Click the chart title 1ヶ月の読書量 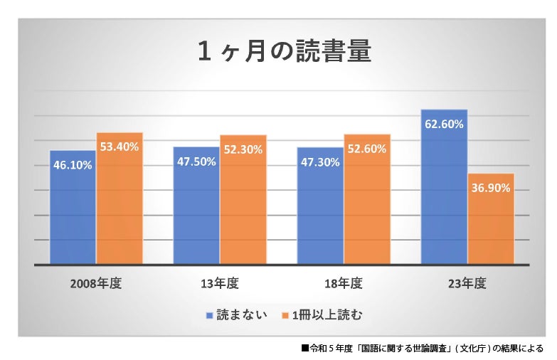[x=284, y=53]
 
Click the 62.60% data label [x=444, y=124]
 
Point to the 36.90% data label [x=491, y=188]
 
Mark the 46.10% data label [x=73, y=164]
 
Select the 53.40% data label [x=120, y=147]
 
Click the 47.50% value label [x=196, y=162]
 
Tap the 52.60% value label [x=367, y=149]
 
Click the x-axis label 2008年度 [x=96, y=283]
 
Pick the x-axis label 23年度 [x=467, y=283]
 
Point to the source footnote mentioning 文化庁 [x=423, y=349]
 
